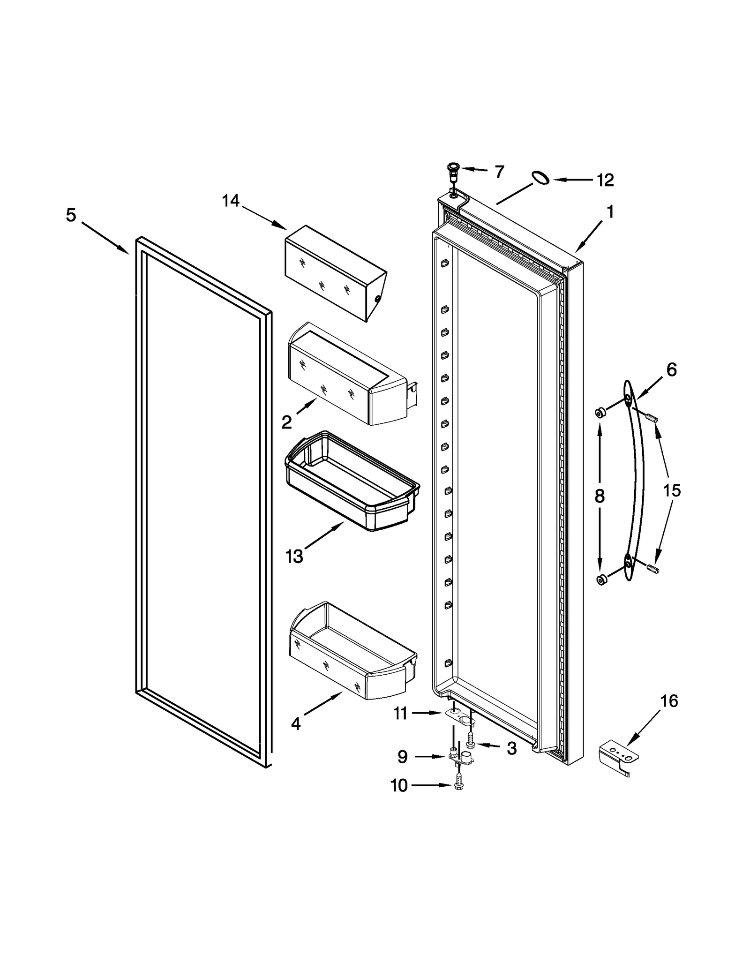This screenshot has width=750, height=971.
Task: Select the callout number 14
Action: click(230, 201)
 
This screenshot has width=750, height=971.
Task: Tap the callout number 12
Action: click(605, 180)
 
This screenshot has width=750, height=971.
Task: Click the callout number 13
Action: click(294, 557)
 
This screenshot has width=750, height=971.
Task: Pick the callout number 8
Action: click(600, 496)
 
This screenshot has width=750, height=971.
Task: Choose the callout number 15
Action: click(671, 491)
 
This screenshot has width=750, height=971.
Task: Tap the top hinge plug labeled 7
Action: click(453, 171)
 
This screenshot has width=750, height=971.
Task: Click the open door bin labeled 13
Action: click(352, 483)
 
